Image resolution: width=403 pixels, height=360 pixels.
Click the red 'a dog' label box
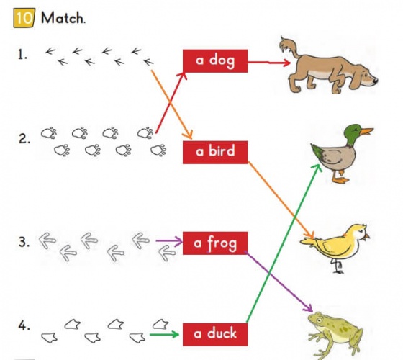click(x=215, y=61)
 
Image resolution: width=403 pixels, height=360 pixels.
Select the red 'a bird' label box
click(x=215, y=152)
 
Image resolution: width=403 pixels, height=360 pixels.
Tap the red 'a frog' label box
click(x=215, y=243)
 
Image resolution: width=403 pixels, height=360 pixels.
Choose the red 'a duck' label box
click(x=215, y=335)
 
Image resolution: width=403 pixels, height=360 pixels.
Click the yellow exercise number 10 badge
click(x=24, y=18)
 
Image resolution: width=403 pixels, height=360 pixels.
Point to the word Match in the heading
click(x=62, y=18)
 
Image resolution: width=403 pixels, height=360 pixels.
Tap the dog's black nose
click(x=375, y=81)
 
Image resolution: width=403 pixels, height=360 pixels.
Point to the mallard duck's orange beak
click(x=366, y=131)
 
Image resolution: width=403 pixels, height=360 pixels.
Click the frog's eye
click(x=320, y=320)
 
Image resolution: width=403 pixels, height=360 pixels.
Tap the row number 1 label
click(x=22, y=55)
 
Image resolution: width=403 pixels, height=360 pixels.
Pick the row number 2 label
click(x=24, y=139)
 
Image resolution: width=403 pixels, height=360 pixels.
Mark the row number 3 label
click(x=24, y=242)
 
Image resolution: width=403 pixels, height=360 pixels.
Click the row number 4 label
click(x=24, y=325)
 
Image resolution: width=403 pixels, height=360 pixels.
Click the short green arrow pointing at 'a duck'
click(x=164, y=334)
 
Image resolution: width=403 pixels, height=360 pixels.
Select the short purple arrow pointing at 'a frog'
click(x=169, y=241)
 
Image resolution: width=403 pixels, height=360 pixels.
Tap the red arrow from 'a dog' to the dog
click(x=269, y=62)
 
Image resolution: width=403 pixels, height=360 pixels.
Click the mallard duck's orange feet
click(x=340, y=176)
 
